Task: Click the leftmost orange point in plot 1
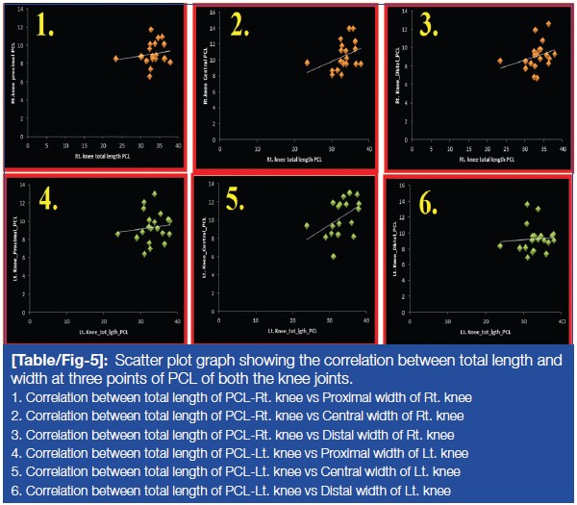pos(115,59)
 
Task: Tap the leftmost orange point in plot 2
pos(307,63)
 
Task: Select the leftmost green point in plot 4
pos(118,234)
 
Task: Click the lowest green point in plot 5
pos(334,257)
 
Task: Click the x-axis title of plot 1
pos(104,154)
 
